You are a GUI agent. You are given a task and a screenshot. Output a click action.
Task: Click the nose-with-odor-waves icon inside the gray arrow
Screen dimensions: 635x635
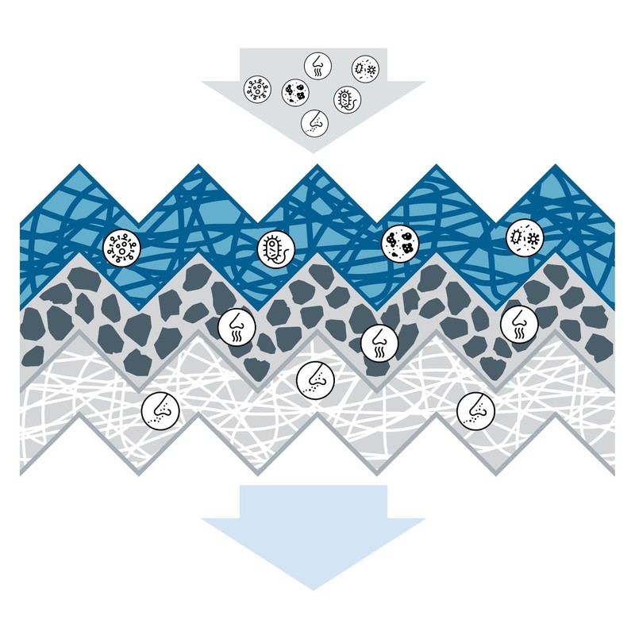point(315,63)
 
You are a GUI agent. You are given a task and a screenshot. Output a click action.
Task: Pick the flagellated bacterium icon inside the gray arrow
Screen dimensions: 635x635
point(347,99)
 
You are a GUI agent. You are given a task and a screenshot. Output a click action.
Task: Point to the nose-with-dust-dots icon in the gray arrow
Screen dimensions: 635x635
point(315,121)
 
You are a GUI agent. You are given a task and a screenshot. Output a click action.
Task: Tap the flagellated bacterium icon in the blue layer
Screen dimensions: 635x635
point(273,248)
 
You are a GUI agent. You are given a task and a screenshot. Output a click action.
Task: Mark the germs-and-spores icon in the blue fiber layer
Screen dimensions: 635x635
point(523,236)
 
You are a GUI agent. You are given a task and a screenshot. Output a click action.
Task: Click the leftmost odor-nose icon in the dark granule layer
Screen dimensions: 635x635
point(236,325)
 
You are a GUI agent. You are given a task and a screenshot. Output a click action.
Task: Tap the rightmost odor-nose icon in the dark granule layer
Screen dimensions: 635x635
point(520,322)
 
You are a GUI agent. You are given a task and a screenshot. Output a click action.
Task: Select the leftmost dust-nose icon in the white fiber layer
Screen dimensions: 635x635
point(160,410)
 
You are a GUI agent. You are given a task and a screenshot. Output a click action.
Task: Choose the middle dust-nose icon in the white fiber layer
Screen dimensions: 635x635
point(315,379)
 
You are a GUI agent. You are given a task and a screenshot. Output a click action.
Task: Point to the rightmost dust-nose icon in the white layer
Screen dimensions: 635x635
point(475,410)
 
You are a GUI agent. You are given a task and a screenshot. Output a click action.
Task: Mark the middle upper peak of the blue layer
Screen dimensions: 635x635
point(317,167)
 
